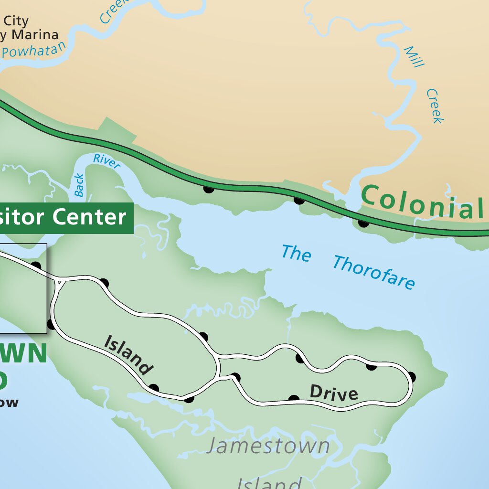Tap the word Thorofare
pyautogui.click(x=373, y=273)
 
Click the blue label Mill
pyautogui.click(x=414, y=57)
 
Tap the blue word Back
pyautogui.click(x=79, y=185)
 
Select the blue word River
pyautogui.click(x=106, y=161)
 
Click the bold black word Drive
pyautogui.click(x=334, y=393)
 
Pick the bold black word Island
pyautogui.click(x=128, y=355)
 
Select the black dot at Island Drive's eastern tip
pyautogui.click(x=411, y=377)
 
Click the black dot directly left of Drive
pyautogui.click(x=294, y=399)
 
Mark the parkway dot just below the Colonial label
pyautogui.click(x=363, y=223)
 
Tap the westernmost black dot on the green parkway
pyautogui.click(x=208, y=189)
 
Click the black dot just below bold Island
pyautogui.click(x=154, y=388)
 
